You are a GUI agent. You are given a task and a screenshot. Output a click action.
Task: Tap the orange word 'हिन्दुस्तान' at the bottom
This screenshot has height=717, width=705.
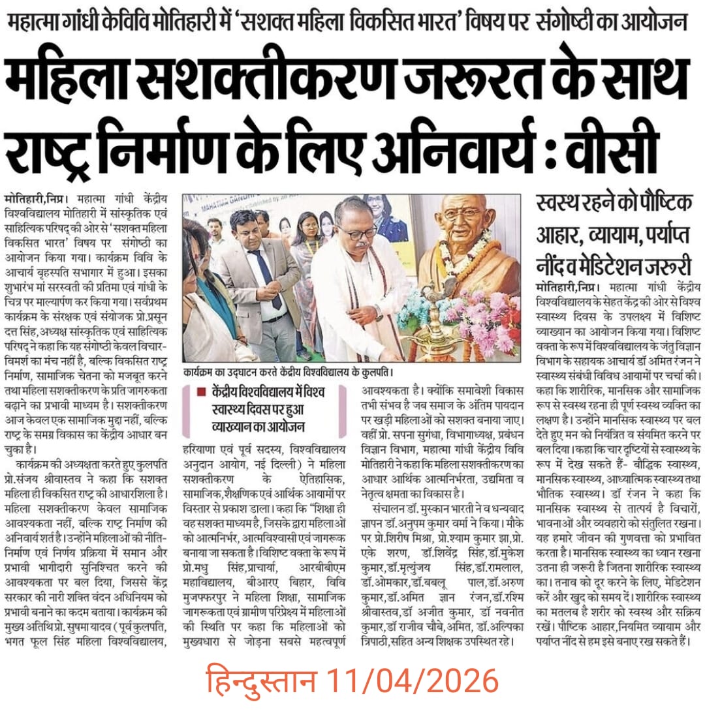pyautogui.click(x=262, y=682)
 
